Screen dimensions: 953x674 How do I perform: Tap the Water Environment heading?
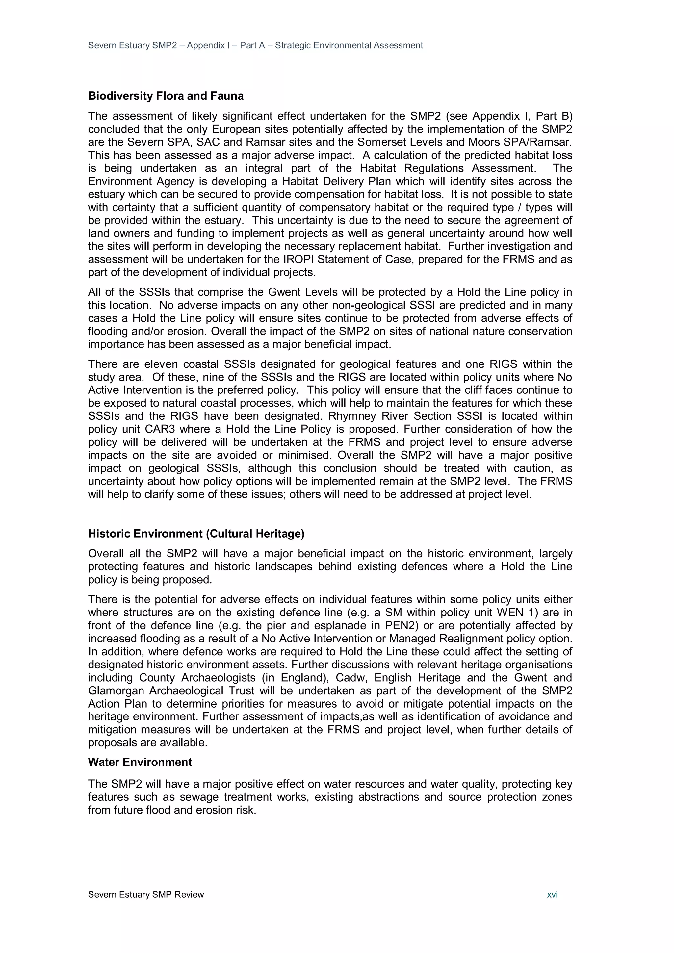pyautogui.click(x=140, y=762)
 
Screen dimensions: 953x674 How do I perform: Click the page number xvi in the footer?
pyautogui.click(x=552, y=894)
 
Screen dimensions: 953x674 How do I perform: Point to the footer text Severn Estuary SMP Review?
pyautogui.click(x=146, y=894)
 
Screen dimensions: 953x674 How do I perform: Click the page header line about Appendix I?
pyautogui.click(x=255, y=45)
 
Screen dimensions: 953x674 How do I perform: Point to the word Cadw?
pyautogui.click(x=354, y=678)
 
